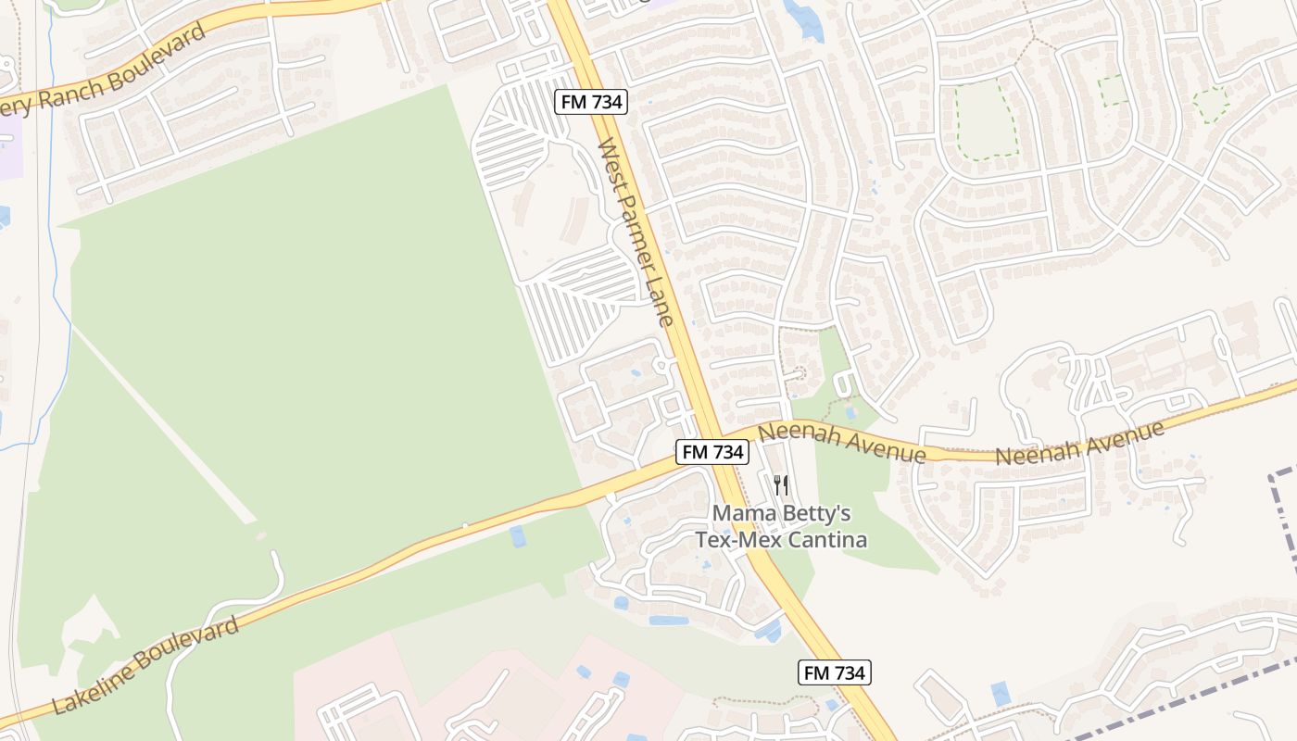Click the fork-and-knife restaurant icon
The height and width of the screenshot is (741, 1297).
[x=781, y=485]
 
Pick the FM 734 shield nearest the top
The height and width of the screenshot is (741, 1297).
[x=591, y=102]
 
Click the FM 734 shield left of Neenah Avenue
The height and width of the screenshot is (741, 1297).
[x=711, y=452]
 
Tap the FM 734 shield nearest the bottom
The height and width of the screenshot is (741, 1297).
[x=835, y=672]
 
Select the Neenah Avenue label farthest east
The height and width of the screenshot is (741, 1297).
[x=1079, y=444]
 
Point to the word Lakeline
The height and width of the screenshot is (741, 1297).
[x=94, y=684]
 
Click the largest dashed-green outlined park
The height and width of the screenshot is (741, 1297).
[x=985, y=118]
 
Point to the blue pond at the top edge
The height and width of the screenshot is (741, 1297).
[x=803, y=20]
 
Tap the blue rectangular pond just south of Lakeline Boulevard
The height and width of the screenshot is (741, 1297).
[x=517, y=536]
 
